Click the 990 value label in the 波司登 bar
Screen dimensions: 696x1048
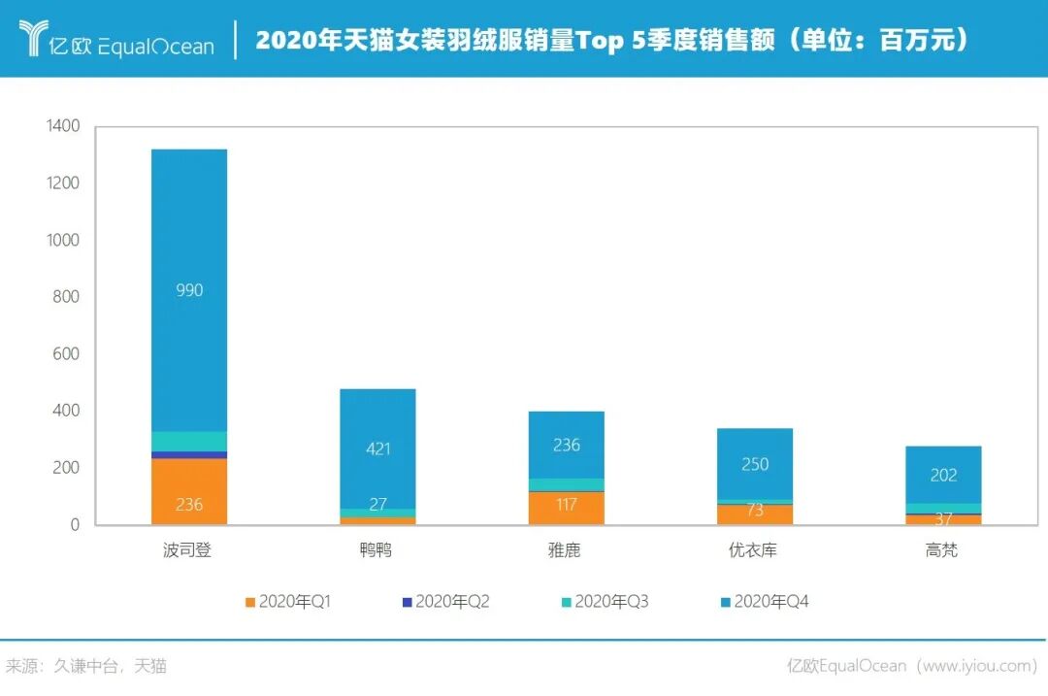click(x=189, y=290)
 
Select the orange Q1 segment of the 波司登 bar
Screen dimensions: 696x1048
click(x=189, y=491)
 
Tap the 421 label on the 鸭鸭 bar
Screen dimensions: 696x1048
click(x=377, y=448)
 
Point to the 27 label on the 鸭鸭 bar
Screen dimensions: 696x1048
click(x=377, y=505)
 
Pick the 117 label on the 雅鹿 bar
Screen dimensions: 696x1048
click(x=567, y=505)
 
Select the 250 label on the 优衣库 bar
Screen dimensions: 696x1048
click(x=755, y=464)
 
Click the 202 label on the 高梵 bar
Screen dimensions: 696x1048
click(x=943, y=475)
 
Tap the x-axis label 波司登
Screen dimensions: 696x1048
click(x=187, y=550)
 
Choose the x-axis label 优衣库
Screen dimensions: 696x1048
click(x=753, y=550)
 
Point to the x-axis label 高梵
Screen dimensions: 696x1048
click(x=941, y=550)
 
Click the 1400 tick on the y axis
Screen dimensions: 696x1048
click(x=63, y=126)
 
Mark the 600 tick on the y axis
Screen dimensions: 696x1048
click(x=67, y=354)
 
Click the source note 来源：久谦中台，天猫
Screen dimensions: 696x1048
click(x=86, y=666)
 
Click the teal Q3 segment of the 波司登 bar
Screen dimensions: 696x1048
click(x=189, y=441)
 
